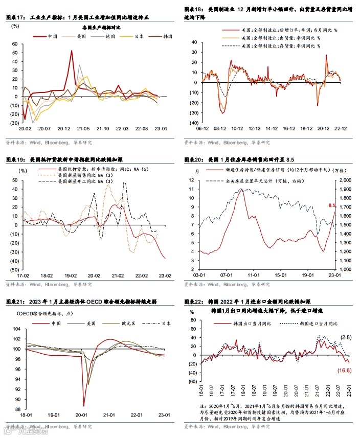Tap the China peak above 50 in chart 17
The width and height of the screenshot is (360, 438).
[x=72, y=51]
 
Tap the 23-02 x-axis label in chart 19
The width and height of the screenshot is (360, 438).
[x=164, y=274]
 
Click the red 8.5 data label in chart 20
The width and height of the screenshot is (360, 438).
[x=332, y=205]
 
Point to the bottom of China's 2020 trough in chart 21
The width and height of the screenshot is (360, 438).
[x=83, y=406]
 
